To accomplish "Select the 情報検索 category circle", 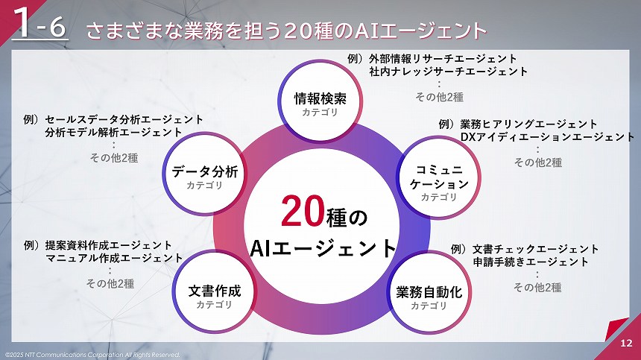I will point(320,104).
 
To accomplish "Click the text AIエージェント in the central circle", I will point(322,247).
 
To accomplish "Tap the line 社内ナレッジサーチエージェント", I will point(448,72).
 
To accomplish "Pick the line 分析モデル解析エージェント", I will point(113,132).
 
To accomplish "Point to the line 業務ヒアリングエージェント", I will point(528,124).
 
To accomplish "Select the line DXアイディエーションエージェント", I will point(547,137).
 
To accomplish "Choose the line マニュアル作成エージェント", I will point(114,258).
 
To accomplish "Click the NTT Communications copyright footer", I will point(91,354).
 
